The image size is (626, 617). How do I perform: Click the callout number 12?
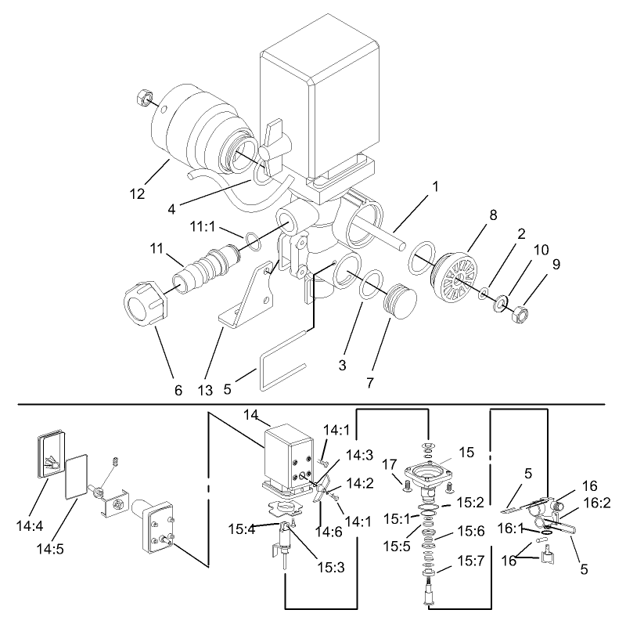pyautogui.click(x=139, y=193)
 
